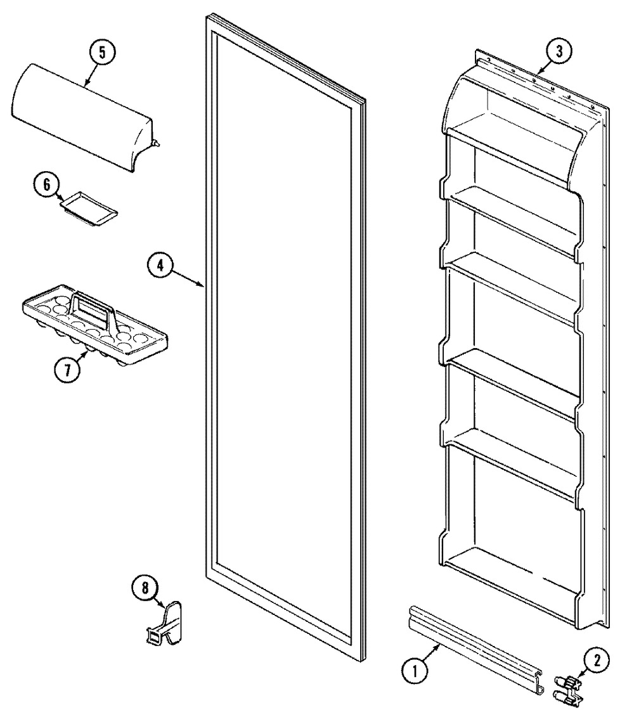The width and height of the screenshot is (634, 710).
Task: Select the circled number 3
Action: pos(559,51)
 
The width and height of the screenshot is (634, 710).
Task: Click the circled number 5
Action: pos(102,53)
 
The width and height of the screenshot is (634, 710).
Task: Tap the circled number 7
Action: pos(67,370)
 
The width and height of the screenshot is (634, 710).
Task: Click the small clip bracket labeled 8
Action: pos(164,622)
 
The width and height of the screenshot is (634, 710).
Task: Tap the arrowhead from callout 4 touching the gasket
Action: pos(202,285)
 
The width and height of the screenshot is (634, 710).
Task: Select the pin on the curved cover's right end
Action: pos(157,143)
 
